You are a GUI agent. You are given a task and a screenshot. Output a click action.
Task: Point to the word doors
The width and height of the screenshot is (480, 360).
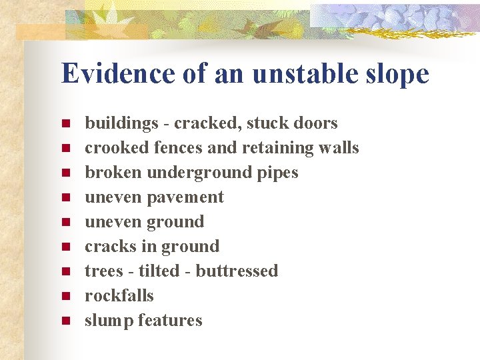[x=315, y=123]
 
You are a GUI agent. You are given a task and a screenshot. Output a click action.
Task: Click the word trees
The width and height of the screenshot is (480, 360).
[x=103, y=271]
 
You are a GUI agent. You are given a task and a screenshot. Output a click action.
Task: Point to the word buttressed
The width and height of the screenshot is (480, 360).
[x=237, y=271]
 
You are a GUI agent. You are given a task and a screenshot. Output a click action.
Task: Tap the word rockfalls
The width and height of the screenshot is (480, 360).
[x=119, y=296]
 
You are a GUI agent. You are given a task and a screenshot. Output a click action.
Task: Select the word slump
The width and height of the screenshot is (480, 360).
[x=109, y=321]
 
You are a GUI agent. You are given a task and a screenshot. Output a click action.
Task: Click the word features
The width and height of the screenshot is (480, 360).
[x=171, y=321]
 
